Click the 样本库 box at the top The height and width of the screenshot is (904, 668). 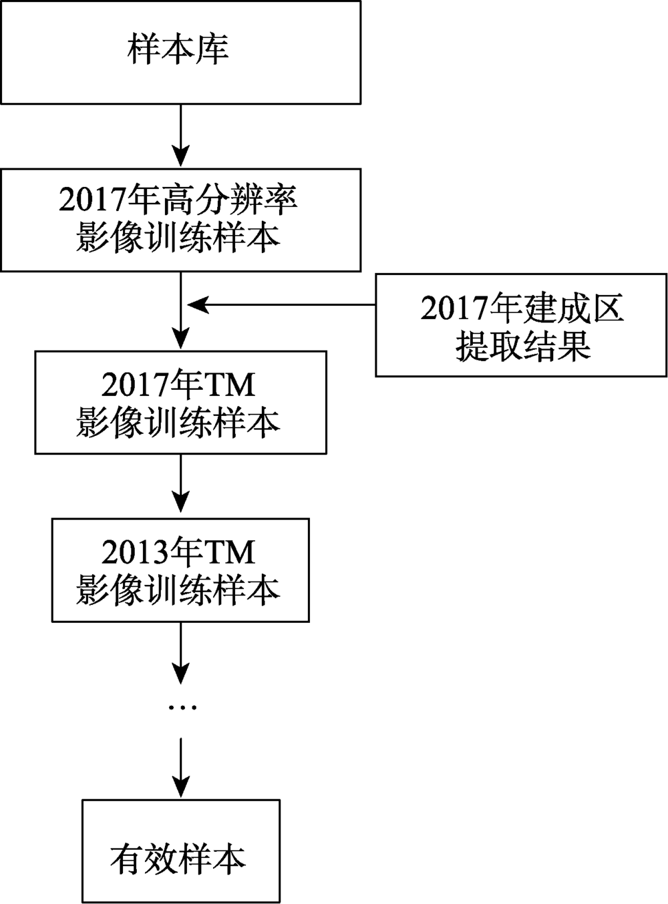coord(180,52)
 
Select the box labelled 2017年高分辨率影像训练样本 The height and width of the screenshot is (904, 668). coord(180,220)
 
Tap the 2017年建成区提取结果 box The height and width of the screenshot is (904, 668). coord(521,325)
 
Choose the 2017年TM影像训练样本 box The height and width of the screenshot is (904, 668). coord(180,403)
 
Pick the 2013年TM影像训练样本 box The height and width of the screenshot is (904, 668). coord(180,570)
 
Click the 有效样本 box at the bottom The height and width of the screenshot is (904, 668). coord(180,851)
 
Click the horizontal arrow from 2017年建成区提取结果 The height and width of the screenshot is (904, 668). coord(281,305)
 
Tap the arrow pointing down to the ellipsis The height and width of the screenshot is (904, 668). coord(180,651)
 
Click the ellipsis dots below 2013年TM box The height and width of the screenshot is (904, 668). coord(180,707)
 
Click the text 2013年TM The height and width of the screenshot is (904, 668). coord(178,552)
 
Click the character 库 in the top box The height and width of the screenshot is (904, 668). coord(212,51)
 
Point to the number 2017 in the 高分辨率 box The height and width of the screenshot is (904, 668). coord(92,201)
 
